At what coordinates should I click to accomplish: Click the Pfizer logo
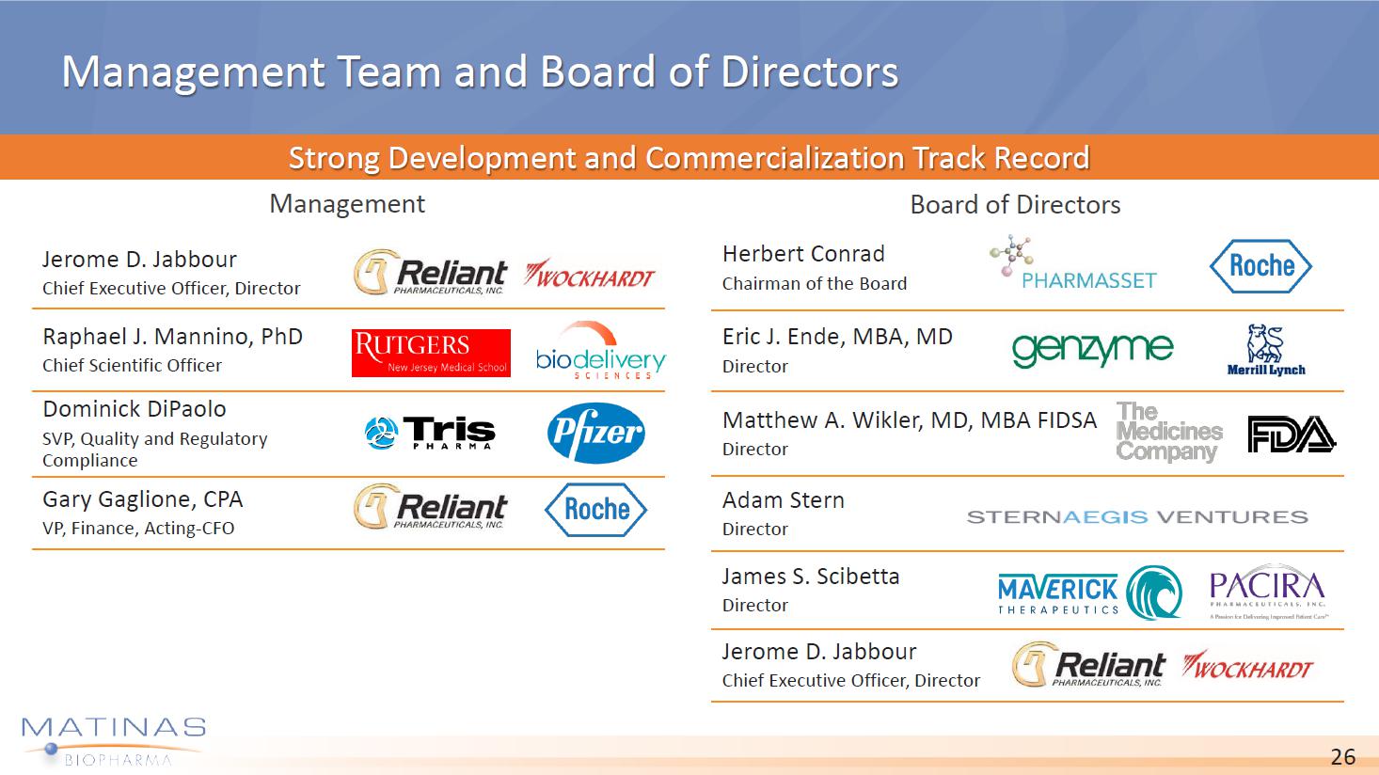coord(595,432)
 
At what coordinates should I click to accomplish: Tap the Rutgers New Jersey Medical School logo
coord(431,353)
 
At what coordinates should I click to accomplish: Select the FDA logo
coord(1291,434)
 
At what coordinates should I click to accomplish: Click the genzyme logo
coord(1093,350)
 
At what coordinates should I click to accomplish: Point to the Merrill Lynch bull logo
coord(1266,350)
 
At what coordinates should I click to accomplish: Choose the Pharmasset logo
coord(1073,263)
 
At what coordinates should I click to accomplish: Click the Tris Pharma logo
coord(430,432)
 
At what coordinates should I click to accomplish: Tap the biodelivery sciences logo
coord(600,350)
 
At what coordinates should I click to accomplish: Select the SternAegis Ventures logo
coord(1137,517)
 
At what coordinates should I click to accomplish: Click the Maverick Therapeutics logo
coord(1089,593)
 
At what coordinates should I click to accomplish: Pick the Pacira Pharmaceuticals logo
coord(1268,591)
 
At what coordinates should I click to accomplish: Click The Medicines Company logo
coord(1168,432)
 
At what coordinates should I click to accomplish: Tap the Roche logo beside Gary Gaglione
coord(595,510)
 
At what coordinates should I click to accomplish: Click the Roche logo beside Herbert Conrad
coord(1260,266)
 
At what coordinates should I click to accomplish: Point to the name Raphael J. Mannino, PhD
coord(172,338)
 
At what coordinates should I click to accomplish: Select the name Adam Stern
coord(783,499)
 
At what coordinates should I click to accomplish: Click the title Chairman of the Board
coord(815,283)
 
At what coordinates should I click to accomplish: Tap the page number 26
coord(1342,756)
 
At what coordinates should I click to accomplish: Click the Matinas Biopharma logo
coord(114,741)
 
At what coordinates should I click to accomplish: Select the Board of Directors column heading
coord(1015,204)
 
